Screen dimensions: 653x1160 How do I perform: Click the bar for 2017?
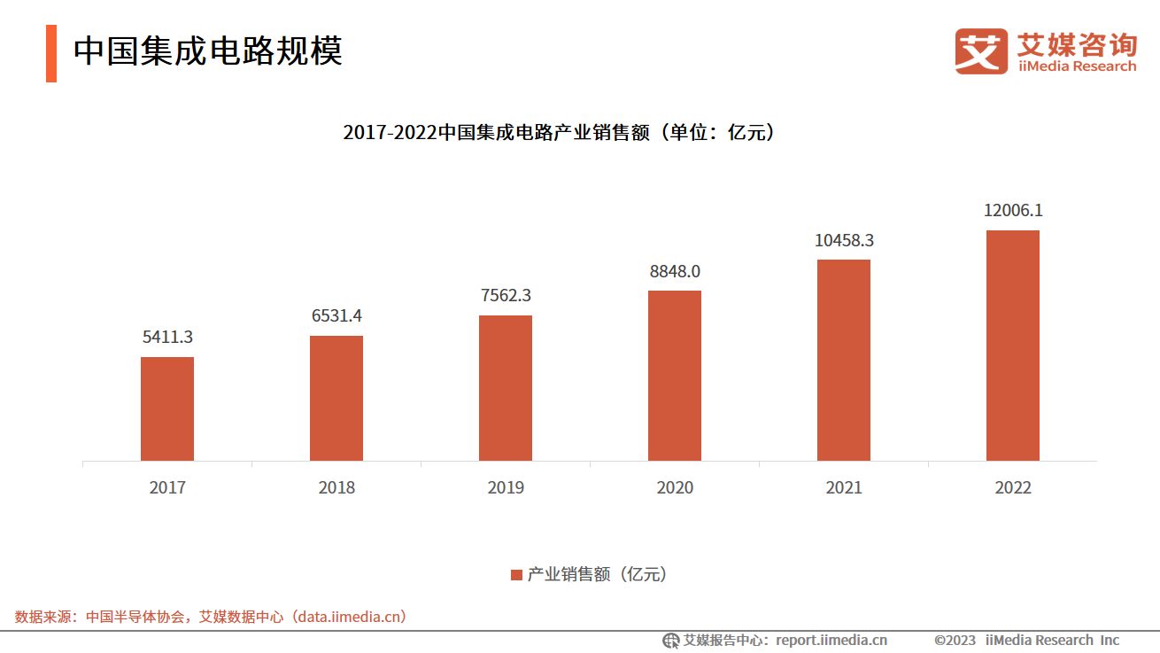(x=167, y=408)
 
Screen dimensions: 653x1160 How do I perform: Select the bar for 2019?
(x=506, y=387)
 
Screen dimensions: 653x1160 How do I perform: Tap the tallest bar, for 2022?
(x=1012, y=346)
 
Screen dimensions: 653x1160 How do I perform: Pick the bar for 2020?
(x=675, y=376)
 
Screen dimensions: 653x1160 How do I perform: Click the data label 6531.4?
(x=336, y=316)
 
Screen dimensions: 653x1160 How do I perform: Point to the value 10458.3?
(x=843, y=240)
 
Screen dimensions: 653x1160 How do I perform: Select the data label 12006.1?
(x=1012, y=211)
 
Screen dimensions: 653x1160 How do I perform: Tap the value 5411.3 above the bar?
(x=167, y=338)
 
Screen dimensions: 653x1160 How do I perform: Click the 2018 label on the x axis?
(x=336, y=488)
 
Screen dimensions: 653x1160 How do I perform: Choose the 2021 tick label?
(x=843, y=488)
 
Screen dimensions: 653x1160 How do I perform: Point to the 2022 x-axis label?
(x=1012, y=488)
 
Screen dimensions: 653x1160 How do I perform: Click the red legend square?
(x=516, y=575)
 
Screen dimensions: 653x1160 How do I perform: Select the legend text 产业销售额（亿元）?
(x=597, y=574)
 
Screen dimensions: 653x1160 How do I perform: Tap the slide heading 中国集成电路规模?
(x=208, y=51)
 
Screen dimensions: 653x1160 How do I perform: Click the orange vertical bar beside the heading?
(x=51, y=53)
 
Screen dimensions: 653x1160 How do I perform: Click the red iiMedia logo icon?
(x=981, y=51)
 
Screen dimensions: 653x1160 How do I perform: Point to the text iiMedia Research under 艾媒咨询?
(x=1076, y=66)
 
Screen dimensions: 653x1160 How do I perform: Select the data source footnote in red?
(x=211, y=617)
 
